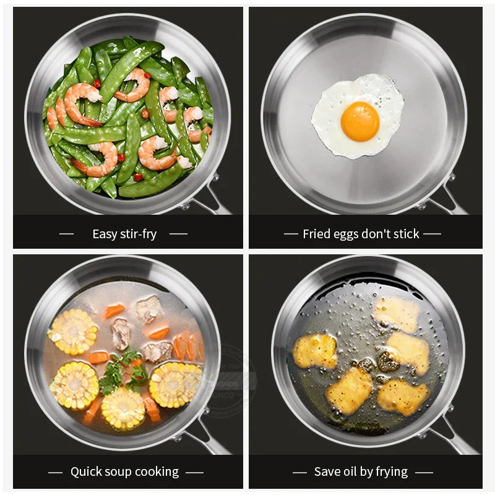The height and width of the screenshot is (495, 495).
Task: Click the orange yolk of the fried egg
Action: (x=359, y=121)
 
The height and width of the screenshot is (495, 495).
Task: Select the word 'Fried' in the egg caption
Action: (x=316, y=234)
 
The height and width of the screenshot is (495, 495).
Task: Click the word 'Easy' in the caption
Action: (x=104, y=234)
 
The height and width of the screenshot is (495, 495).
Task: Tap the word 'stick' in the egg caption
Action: (x=405, y=234)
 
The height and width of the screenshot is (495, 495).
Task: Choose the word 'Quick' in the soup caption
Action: (x=86, y=471)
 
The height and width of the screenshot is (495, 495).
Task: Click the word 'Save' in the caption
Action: (x=327, y=471)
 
